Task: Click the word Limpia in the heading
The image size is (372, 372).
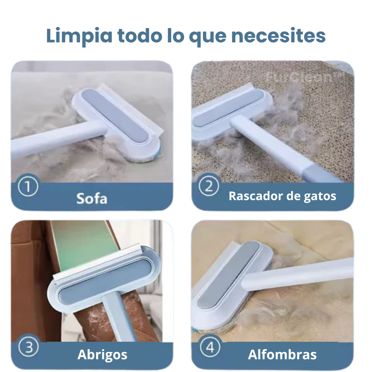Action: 79,36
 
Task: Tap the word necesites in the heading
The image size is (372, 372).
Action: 278,36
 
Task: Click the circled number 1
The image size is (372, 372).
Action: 28,186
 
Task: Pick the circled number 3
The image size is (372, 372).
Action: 28,347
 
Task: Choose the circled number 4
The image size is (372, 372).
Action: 210,347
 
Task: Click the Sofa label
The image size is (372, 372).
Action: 92,199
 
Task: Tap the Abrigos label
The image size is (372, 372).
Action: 102,355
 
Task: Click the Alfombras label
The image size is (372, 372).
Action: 282,354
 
